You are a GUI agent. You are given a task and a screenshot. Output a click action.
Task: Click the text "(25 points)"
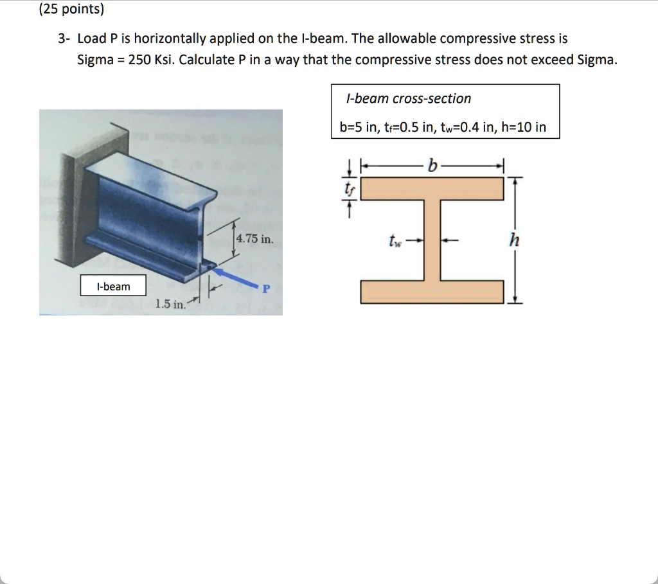(x=71, y=10)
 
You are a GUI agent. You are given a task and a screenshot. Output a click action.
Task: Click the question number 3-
(x=63, y=39)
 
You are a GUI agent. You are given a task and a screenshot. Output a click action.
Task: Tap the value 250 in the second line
(x=139, y=60)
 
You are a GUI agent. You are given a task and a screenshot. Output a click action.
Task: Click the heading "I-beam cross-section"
(x=408, y=98)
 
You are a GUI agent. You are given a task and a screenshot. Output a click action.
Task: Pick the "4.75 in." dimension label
(x=254, y=240)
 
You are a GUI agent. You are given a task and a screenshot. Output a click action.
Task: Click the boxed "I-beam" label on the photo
(x=113, y=286)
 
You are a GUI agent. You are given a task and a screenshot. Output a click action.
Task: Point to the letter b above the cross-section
(x=432, y=166)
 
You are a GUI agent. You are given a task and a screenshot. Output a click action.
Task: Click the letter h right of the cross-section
(x=513, y=240)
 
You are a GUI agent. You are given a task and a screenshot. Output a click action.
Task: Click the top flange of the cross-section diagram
(x=432, y=189)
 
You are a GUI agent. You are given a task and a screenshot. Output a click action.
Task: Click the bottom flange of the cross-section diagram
(x=432, y=292)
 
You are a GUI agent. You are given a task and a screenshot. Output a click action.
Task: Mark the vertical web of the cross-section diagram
(x=432, y=240)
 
